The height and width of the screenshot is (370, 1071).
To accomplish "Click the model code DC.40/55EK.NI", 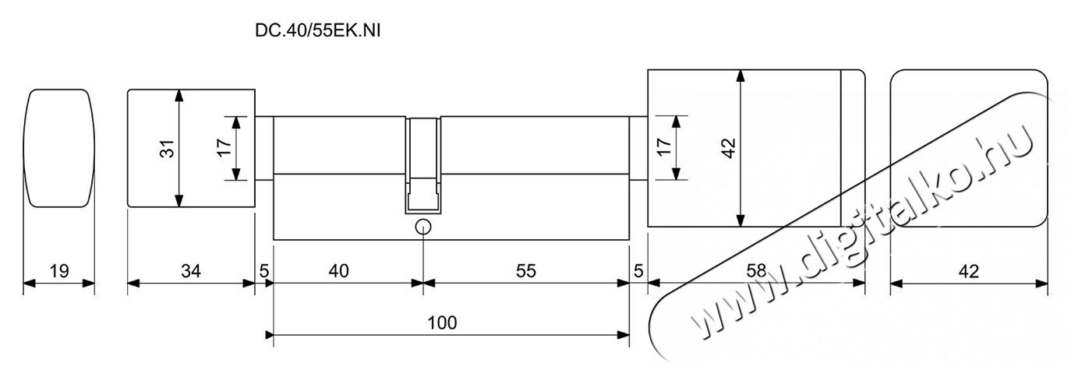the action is click(317, 31).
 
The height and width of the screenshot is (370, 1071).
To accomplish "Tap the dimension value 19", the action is click(59, 271).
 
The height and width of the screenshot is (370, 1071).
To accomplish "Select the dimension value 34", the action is click(191, 271).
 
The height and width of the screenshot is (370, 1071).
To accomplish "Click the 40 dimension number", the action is click(338, 271).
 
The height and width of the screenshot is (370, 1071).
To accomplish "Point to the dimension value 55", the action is click(526, 271).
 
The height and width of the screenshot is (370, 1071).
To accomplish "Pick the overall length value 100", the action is click(442, 322).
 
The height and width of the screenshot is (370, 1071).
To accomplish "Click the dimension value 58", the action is click(756, 271).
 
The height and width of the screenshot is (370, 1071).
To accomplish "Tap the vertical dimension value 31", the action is click(167, 149).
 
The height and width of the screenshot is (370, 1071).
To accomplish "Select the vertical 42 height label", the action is click(729, 148).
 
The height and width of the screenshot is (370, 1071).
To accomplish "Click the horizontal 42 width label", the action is click(969, 271).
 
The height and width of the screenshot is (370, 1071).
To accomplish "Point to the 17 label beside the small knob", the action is click(224, 148).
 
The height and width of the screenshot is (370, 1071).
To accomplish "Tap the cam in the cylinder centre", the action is click(423, 164).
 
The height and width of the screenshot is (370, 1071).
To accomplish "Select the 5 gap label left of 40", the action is click(264, 271).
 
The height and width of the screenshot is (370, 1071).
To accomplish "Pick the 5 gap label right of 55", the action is click(638, 271).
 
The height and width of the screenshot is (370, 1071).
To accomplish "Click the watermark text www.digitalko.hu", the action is click(861, 234).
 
